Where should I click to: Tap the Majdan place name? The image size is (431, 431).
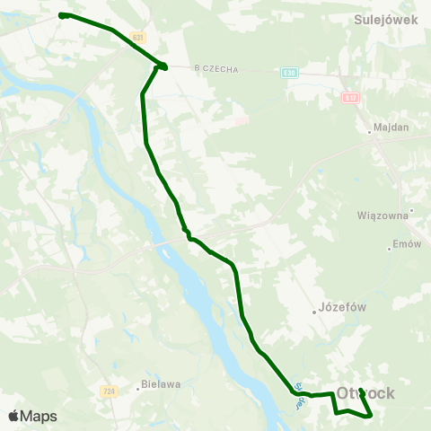tap(391, 127)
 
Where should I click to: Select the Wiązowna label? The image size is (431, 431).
tap(383, 215)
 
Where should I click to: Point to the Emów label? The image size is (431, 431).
tap(407, 244)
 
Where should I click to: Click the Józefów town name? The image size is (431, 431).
tap(344, 306)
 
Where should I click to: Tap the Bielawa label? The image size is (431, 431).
tap(162, 384)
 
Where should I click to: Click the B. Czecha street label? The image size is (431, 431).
tap(215, 67)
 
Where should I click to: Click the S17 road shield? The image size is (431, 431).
tap(353, 97)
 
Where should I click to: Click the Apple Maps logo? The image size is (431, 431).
tap(32, 416)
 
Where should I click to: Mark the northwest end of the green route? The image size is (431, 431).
tap(61, 15)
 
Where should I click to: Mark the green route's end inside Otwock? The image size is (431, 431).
tap(360, 391)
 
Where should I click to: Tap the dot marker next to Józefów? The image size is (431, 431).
tap(315, 312)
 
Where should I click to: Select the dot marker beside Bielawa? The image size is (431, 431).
tap(137, 389)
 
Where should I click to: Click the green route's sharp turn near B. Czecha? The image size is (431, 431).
tap(164, 66)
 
